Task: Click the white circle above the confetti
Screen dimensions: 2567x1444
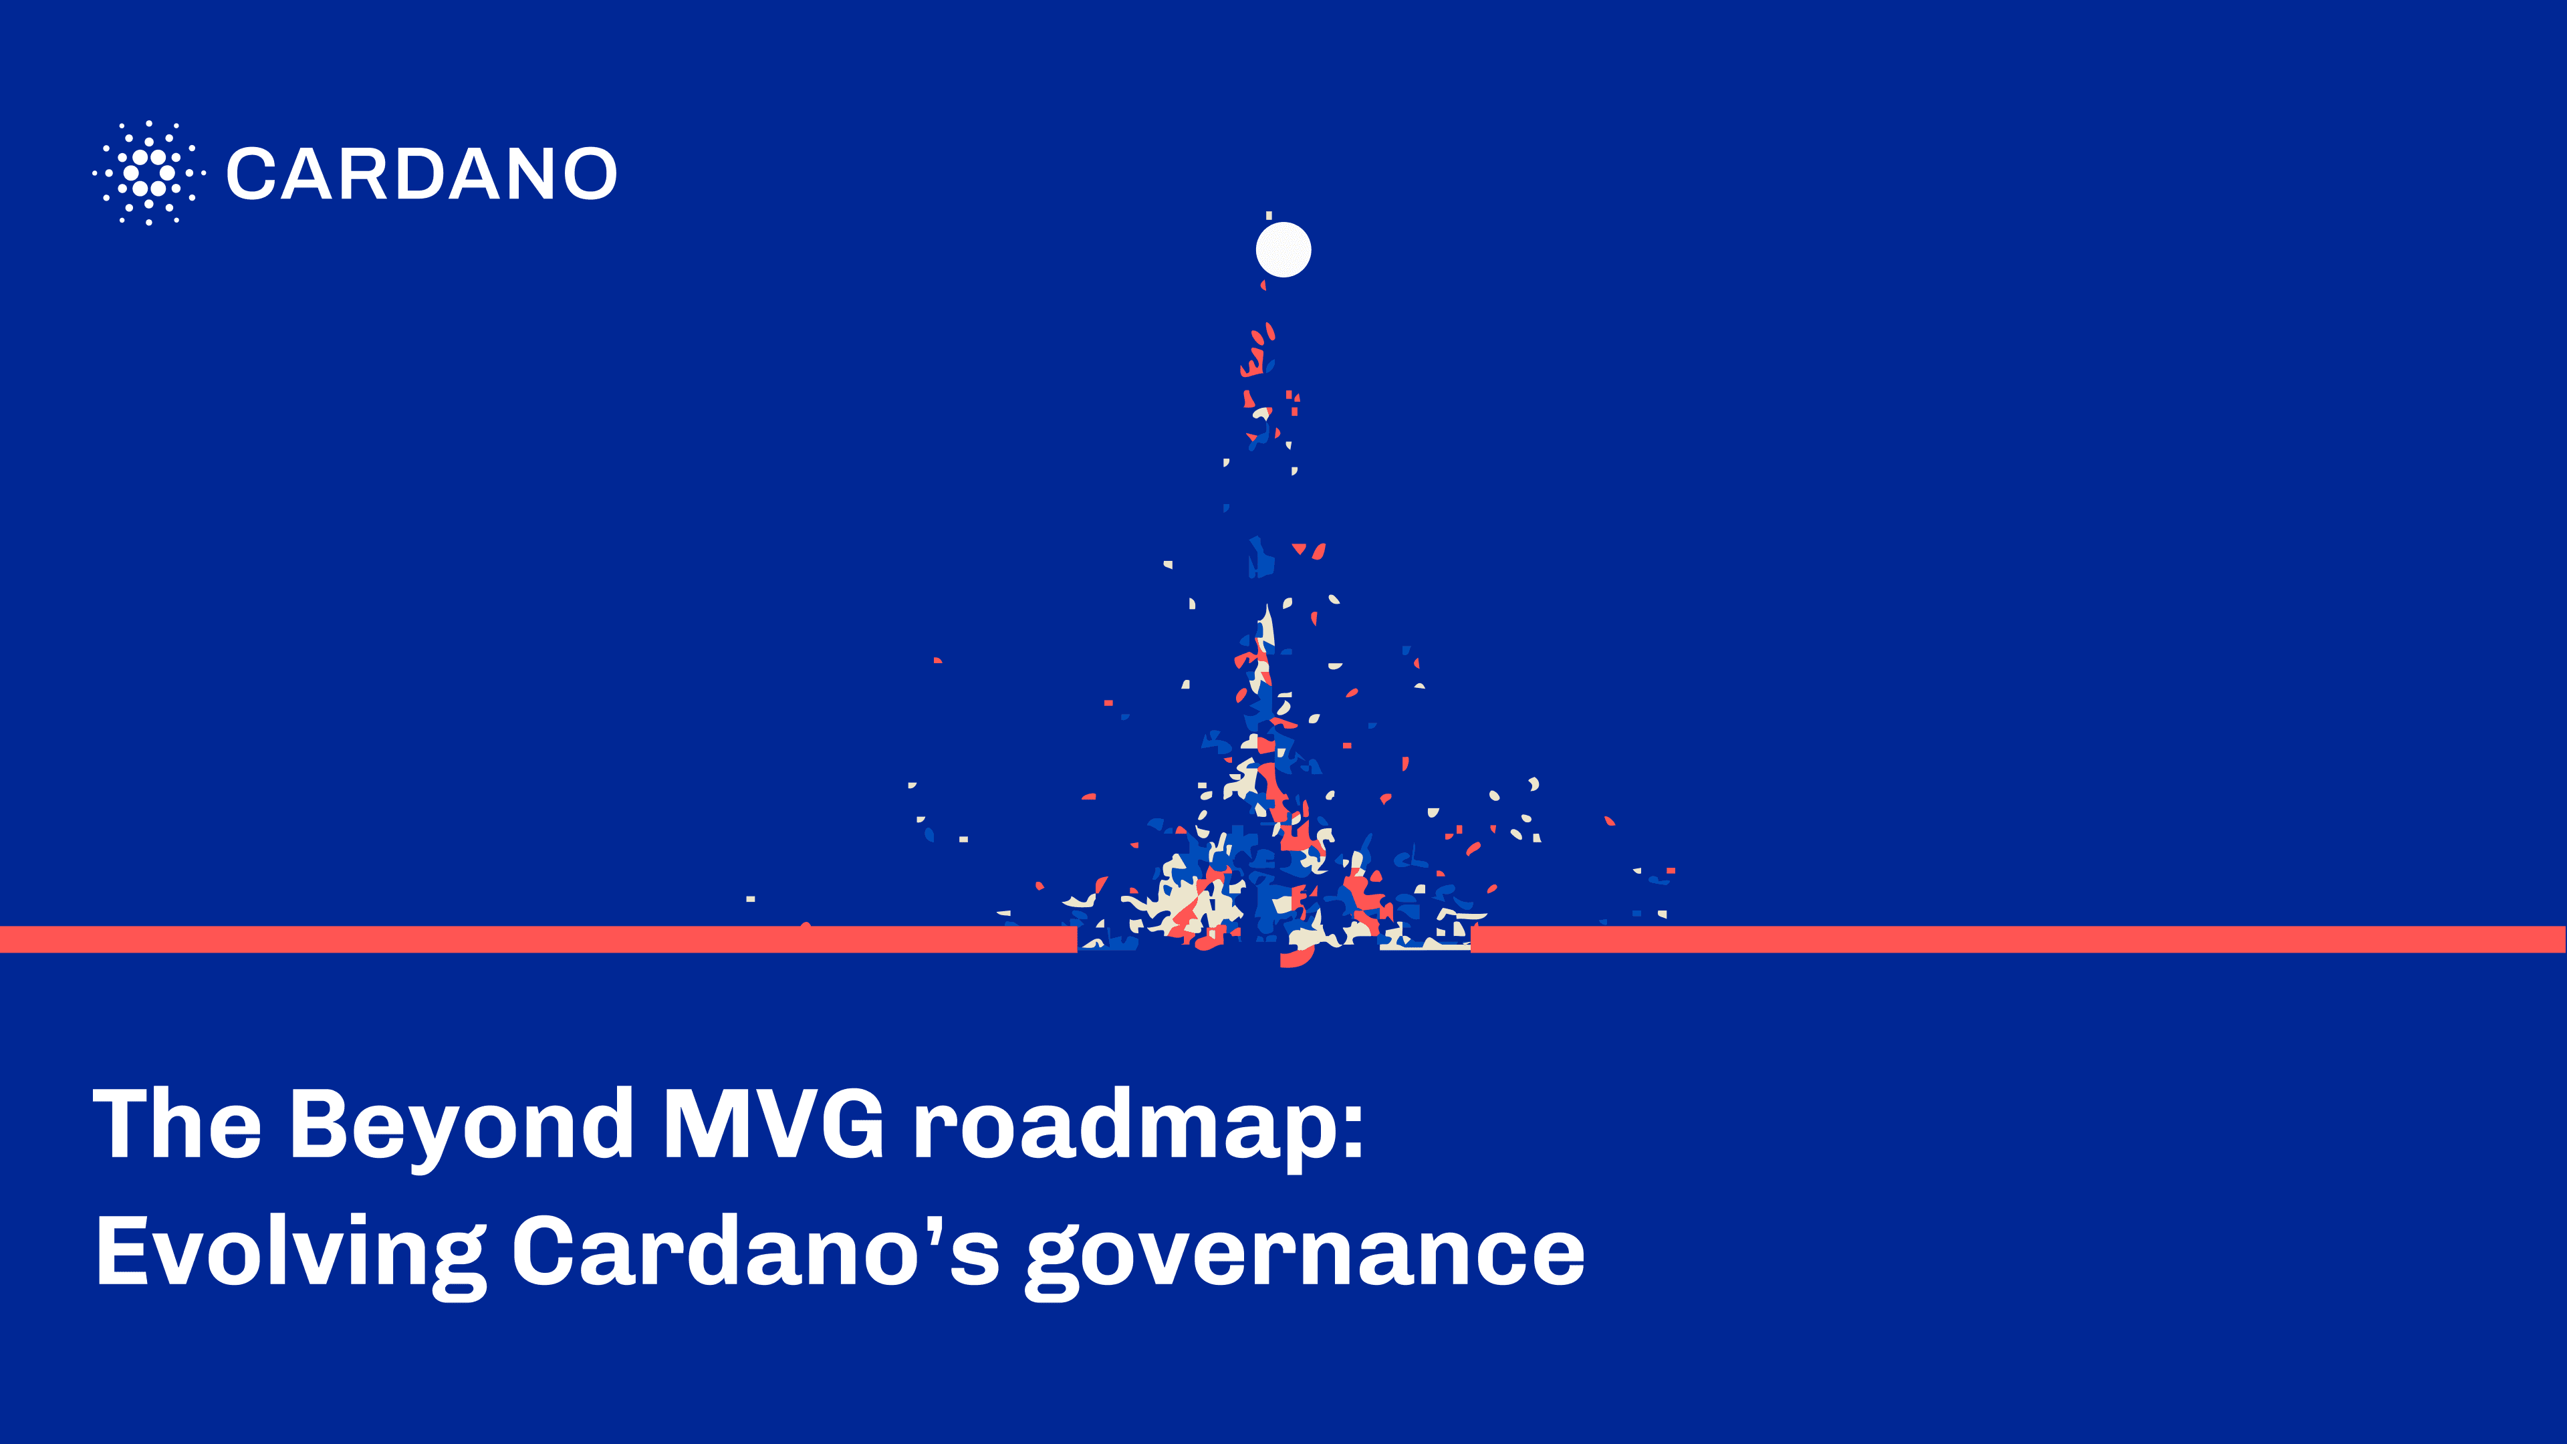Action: pos(1283,249)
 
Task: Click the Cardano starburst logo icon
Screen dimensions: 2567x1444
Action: pos(148,172)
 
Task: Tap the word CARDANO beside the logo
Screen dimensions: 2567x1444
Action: pos(422,173)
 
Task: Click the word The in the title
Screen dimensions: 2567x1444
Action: pos(176,1123)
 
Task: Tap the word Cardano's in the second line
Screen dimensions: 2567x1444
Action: pos(756,1251)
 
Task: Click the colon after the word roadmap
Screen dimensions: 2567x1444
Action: pos(1352,1135)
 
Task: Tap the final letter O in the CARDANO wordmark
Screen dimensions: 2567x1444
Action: pos(589,173)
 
